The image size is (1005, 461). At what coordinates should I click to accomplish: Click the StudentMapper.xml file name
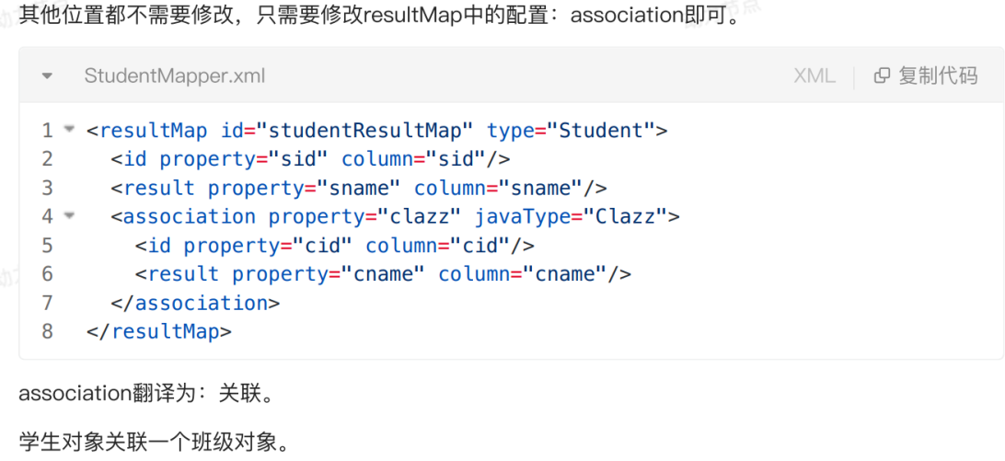click(174, 75)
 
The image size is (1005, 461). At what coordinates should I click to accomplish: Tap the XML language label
click(814, 75)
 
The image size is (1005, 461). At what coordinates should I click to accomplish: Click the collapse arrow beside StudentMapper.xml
click(47, 75)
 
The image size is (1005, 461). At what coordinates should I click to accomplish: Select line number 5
click(48, 246)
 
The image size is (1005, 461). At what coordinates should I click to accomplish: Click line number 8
click(48, 331)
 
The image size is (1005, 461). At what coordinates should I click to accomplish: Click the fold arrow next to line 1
click(69, 130)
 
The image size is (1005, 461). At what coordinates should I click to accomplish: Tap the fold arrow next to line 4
click(69, 216)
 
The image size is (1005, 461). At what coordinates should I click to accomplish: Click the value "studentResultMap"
click(364, 131)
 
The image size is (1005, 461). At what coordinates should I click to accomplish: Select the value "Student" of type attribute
click(601, 131)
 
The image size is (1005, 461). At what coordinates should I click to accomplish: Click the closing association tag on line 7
click(195, 303)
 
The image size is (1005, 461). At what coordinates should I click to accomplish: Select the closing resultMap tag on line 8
click(158, 331)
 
